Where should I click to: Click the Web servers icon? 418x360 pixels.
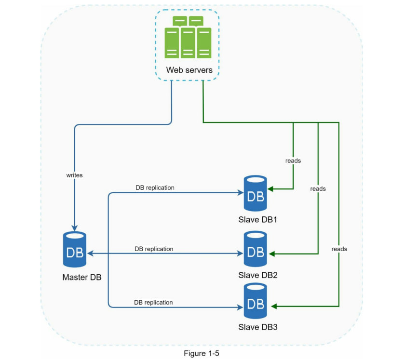pos(188,38)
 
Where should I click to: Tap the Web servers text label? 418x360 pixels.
pos(189,70)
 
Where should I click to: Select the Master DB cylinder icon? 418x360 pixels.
pos(75,251)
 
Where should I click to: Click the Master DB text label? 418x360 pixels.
pos(81,278)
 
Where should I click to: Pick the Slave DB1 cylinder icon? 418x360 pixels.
pos(255,194)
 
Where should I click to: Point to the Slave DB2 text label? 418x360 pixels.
pos(258,276)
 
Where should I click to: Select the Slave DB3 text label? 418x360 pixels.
pos(258,327)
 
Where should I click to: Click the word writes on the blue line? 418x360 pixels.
pos(74,175)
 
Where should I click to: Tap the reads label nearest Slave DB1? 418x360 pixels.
pos(293,160)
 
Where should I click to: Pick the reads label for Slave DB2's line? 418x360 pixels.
pos(318,189)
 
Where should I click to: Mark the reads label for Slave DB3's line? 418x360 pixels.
pos(339,249)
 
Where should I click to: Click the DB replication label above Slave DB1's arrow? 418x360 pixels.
pos(155,187)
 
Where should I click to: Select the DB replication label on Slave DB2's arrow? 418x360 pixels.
pos(154,249)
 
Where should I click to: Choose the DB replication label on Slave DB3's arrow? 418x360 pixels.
pos(153,302)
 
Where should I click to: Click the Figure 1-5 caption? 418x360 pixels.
pos(202,354)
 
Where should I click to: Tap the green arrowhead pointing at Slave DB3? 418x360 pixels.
pos(274,306)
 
